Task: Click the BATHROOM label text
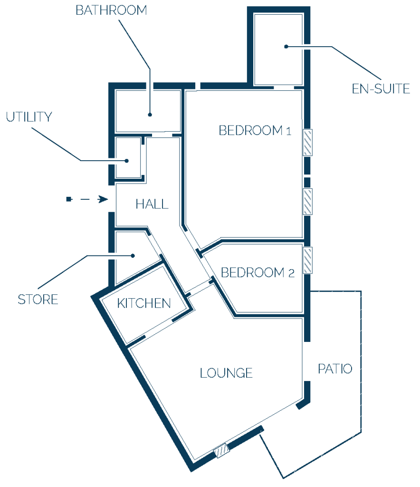click(111, 10)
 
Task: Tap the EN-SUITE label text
click(381, 89)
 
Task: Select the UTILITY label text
click(29, 117)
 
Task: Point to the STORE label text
click(38, 300)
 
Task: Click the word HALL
click(152, 204)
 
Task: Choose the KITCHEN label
click(144, 303)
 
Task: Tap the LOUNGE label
click(226, 373)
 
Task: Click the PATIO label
click(335, 369)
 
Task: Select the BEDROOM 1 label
click(255, 130)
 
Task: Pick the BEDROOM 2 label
click(258, 273)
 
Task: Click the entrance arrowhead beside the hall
click(103, 199)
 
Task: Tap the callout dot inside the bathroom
click(150, 115)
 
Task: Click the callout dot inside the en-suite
click(286, 47)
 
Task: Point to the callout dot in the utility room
click(126, 161)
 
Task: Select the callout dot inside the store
click(133, 255)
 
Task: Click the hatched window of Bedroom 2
click(307, 260)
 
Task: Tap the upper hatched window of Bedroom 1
click(307, 142)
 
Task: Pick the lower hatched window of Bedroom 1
click(307, 202)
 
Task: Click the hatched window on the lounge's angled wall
click(221, 451)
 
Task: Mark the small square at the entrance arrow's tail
click(69, 199)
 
